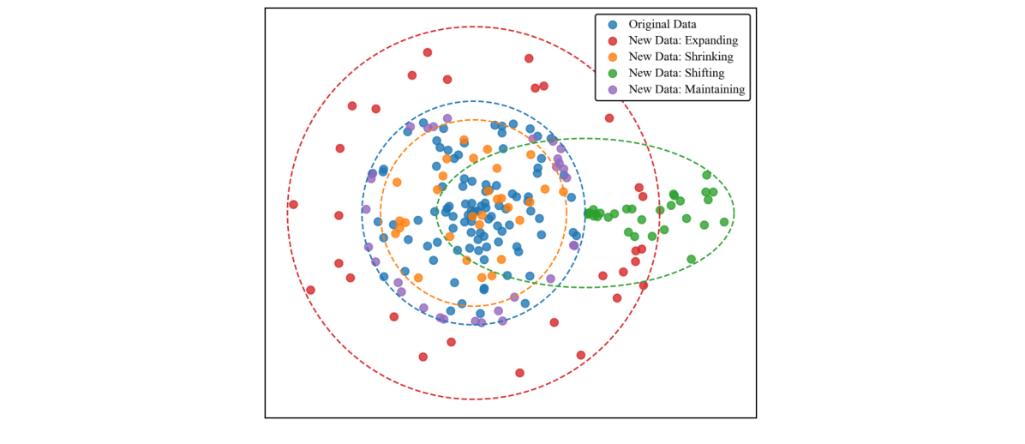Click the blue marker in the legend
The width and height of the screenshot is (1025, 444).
tap(612, 24)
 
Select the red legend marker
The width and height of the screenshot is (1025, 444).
tap(612, 40)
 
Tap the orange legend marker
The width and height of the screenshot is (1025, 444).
tap(612, 57)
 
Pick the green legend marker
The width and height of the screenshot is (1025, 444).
tap(612, 73)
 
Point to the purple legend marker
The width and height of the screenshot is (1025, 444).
tap(612, 89)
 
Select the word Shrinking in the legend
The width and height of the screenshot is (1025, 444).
tap(707, 57)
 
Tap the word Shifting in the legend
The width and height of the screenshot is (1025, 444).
tap(703, 73)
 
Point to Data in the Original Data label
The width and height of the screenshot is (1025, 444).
tap(685, 24)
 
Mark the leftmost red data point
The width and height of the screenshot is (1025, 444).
tap(293, 205)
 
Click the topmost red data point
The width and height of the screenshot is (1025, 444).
tap(428, 52)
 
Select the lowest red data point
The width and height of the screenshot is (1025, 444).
tap(519, 373)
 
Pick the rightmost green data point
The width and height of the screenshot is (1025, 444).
tap(724, 221)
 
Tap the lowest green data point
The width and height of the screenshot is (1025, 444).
tap(691, 259)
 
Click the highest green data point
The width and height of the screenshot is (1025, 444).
tap(707, 175)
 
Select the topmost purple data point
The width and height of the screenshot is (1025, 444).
tap(447, 118)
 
